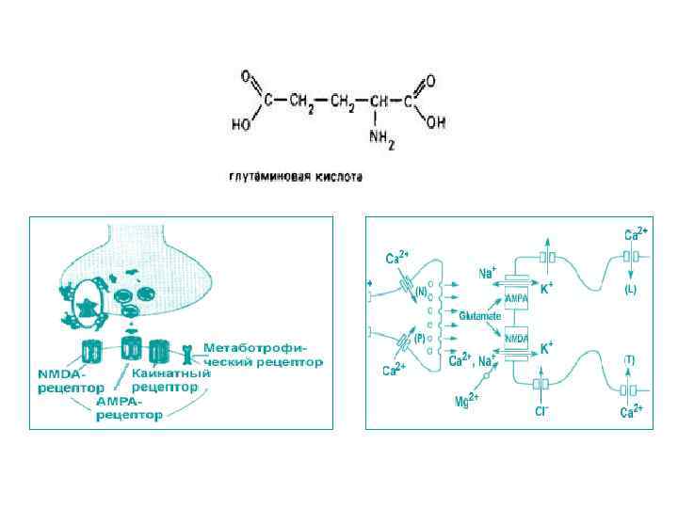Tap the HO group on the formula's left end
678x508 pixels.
[241, 123]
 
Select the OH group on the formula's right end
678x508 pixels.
[436, 122]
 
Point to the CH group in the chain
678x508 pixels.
[379, 101]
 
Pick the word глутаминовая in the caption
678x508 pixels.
[266, 176]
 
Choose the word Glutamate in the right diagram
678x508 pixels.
[480, 317]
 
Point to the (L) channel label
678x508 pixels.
[630, 290]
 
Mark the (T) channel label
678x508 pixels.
[630, 360]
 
